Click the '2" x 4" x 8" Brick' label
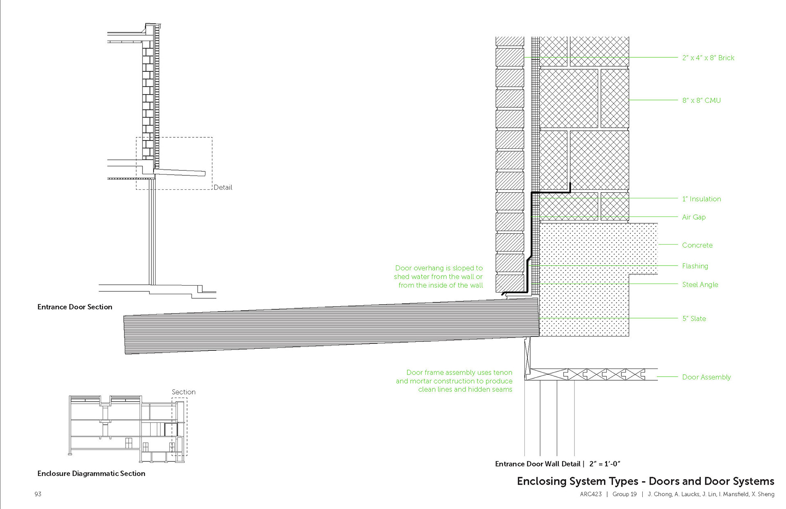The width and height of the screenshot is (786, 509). click(x=708, y=58)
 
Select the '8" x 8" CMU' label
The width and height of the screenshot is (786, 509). click(x=701, y=100)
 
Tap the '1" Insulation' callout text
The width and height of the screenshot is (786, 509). click(x=701, y=199)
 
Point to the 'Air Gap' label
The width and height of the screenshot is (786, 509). click(x=693, y=217)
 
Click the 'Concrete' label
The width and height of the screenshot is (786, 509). click(x=697, y=245)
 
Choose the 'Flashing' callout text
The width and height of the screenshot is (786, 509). click(x=695, y=266)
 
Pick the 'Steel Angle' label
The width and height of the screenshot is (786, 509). click(x=700, y=284)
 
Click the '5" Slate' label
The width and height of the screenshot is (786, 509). click(x=693, y=318)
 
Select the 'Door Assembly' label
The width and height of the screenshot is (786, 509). click(x=706, y=377)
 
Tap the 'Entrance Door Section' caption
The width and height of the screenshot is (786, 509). click(x=75, y=307)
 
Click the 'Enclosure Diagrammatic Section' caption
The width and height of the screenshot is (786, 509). click(x=91, y=473)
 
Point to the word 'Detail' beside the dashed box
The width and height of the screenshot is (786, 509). click(x=223, y=187)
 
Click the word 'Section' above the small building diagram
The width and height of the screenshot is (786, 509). click(x=183, y=392)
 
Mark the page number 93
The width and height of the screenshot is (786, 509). click(x=38, y=494)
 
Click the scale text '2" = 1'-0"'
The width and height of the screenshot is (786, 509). click(x=605, y=464)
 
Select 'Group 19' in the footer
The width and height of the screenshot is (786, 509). click(x=624, y=494)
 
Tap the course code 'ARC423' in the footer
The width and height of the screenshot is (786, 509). click(x=591, y=494)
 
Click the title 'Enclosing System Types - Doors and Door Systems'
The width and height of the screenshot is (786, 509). click(x=645, y=481)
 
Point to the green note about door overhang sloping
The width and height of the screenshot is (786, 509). click(x=438, y=277)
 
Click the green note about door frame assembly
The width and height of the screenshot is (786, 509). click(x=454, y=381)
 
